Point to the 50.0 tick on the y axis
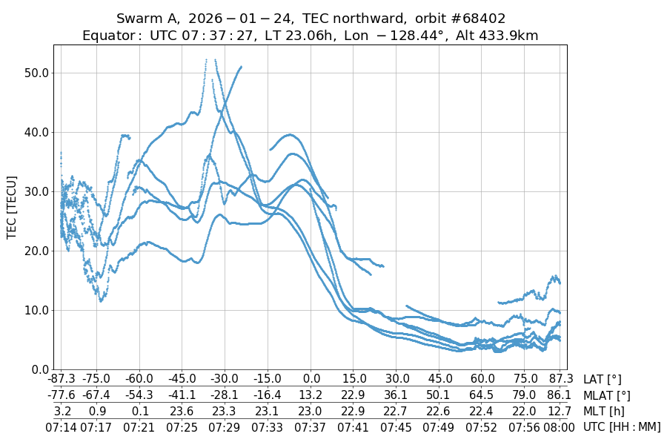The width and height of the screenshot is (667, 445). [35, 73]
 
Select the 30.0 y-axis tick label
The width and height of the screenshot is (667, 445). [35, 191]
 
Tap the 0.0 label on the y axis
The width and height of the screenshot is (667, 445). [38, 369]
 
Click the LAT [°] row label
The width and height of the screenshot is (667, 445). [603, 380]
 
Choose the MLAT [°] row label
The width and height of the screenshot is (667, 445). [608, 395]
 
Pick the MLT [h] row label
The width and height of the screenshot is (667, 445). [603, 411]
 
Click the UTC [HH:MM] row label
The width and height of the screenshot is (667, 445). [622, 426]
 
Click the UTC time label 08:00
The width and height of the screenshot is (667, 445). [560, 426]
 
